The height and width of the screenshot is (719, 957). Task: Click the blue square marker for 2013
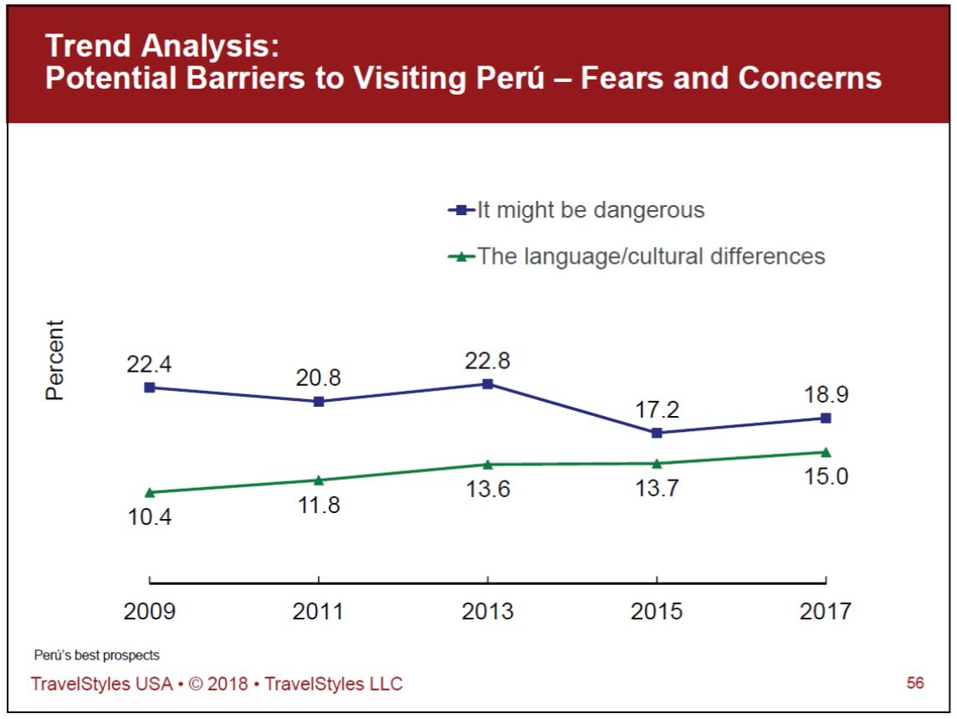coord(488,384)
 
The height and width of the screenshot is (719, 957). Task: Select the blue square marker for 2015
coord(657,433)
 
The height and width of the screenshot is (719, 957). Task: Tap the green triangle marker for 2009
coord(150,492)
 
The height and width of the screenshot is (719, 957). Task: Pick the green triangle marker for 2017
coord(826,452)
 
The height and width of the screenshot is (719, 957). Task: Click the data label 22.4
coord(149,365)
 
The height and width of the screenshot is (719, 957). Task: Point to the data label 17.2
coord(657,410)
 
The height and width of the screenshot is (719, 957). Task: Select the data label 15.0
coord(826,477)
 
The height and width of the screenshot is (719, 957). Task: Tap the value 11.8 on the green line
coord(318,506)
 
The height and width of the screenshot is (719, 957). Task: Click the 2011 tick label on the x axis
coord(318,612)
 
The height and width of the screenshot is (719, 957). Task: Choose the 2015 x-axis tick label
coord(657,612)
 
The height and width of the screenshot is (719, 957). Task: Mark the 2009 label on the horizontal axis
coord(150,612)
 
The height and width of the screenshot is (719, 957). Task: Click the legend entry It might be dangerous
coord(591,210)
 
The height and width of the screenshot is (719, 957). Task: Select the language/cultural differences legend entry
coord(651,256)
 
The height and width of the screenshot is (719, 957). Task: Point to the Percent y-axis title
coord(55,360)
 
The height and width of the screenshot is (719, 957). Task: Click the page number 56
coord(915,684)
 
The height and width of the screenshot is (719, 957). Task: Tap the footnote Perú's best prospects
coord(97,655)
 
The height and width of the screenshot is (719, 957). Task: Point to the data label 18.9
coord(826,395)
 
